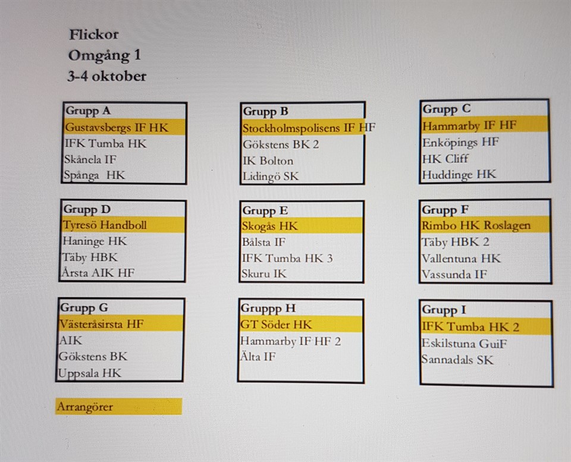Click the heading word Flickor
(94, 34)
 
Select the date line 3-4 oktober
(106, 76)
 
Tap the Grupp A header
(88, 111)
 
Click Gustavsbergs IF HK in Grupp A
(117, 127)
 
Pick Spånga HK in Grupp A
(95, 175)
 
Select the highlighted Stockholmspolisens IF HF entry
(309, 128)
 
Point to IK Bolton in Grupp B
(268, 161)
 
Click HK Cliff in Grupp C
(445, 159)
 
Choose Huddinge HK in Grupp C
(459, 175)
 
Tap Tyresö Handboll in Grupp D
(105, 225)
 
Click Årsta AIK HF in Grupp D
(98, 273)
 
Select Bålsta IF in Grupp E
(263, 242)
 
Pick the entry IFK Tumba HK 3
(287, 258)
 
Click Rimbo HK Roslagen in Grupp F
(476, 226)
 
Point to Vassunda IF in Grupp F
(454, 274)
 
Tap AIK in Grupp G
(71, 340)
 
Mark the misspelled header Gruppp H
(268, 309)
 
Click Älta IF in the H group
(258, 356)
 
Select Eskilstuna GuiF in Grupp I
(464, 343)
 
